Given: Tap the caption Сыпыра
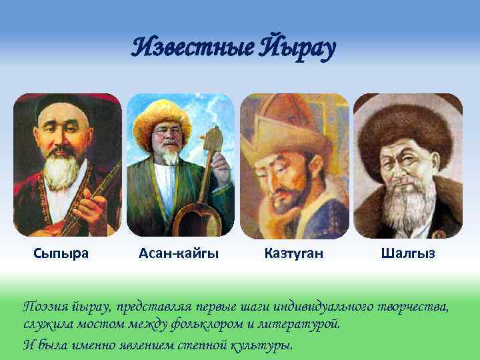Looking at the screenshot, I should click(61, 253).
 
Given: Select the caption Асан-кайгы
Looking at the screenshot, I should click(179, 253).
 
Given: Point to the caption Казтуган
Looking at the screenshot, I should click(294, 253).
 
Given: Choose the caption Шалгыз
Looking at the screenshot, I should click(408, 253).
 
